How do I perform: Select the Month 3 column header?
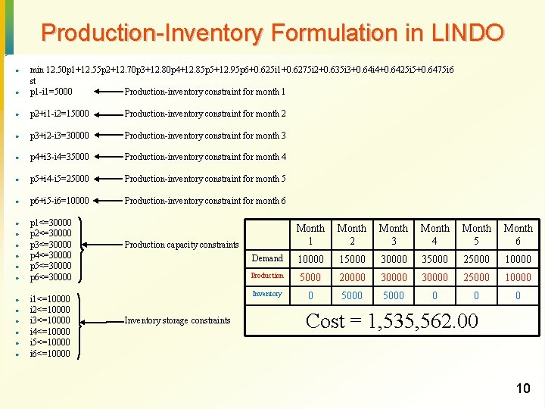[393, 234]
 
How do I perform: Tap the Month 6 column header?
[518, 234]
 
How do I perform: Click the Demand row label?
[267, 258]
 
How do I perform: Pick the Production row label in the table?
[267, 276]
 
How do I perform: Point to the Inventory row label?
[267, 294]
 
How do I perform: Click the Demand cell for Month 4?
[434, 259]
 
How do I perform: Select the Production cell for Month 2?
[351, 277]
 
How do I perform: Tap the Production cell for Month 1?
[310, 277]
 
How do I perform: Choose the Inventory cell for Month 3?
[393, 295]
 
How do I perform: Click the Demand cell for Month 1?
[310, 259]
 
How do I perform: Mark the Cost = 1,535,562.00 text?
[391, 321]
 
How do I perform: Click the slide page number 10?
[522, 389]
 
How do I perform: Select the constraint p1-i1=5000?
[51, 92]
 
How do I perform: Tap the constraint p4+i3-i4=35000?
[59, 157]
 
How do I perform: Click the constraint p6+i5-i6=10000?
[59, 201]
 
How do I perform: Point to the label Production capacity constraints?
[182, 245]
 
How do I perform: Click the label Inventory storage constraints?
[177, 320]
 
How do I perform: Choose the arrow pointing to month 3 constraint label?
[106, 136]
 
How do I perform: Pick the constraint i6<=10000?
[50, 354]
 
